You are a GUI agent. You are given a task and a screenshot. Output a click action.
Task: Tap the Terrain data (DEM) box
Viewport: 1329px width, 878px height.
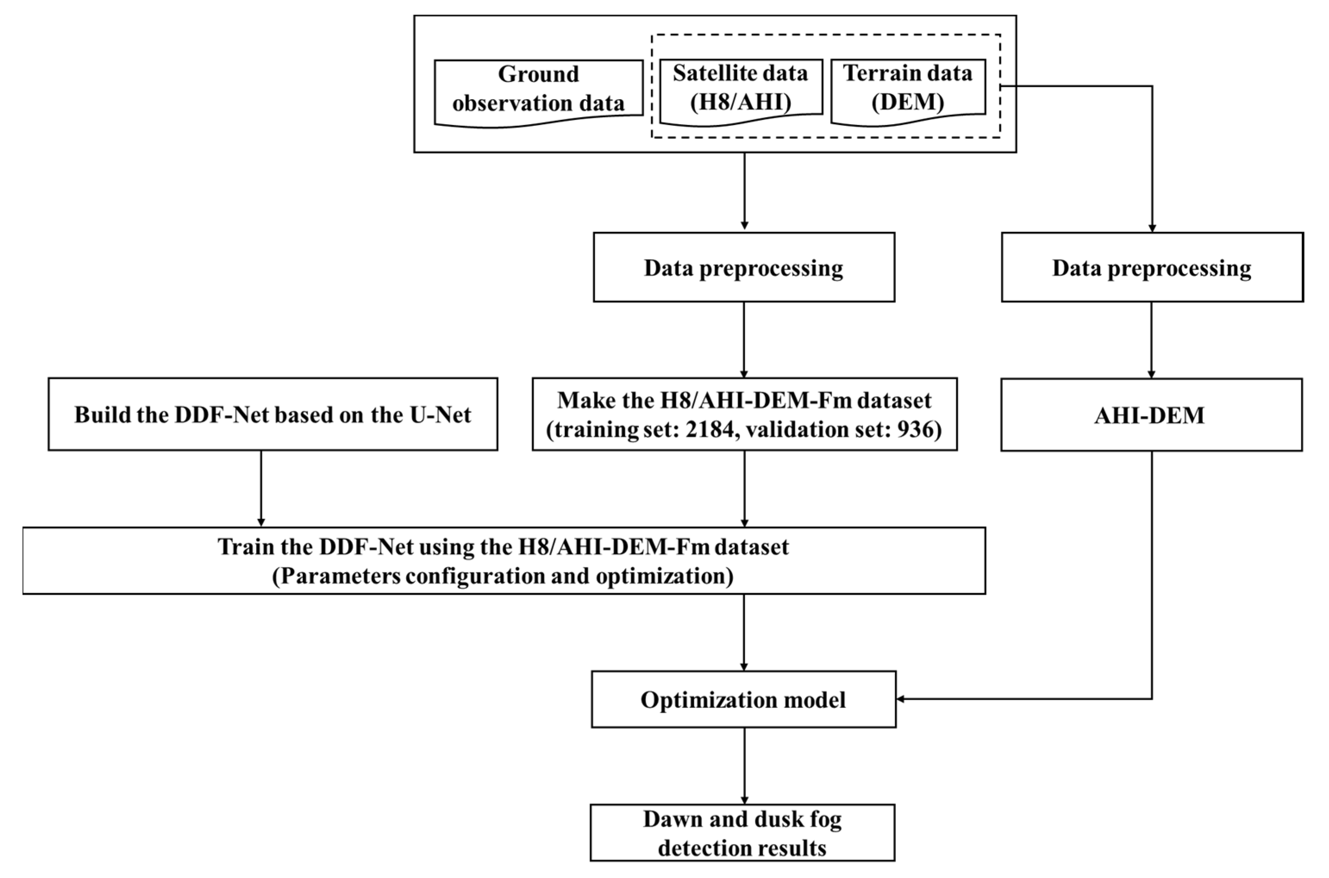point(908,88)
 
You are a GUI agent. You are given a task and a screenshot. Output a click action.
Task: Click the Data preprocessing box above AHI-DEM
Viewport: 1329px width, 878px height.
point(1151,268)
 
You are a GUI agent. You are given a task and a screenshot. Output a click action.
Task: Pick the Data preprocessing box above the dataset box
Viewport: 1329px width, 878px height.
point(743,268)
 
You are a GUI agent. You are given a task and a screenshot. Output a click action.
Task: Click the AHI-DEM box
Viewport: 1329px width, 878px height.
point(1151,415)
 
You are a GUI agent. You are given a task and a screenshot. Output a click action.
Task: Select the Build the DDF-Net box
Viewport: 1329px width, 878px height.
point(273,414)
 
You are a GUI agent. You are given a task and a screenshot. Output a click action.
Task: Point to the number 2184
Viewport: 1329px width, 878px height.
point(709,429)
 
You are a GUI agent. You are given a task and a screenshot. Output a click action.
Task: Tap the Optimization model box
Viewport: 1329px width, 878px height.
point(743,700)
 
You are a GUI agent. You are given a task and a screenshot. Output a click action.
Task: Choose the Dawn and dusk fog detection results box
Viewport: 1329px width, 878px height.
point(742,834)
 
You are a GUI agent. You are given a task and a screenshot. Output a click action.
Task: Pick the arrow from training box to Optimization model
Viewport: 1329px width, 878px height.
point(744,632)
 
